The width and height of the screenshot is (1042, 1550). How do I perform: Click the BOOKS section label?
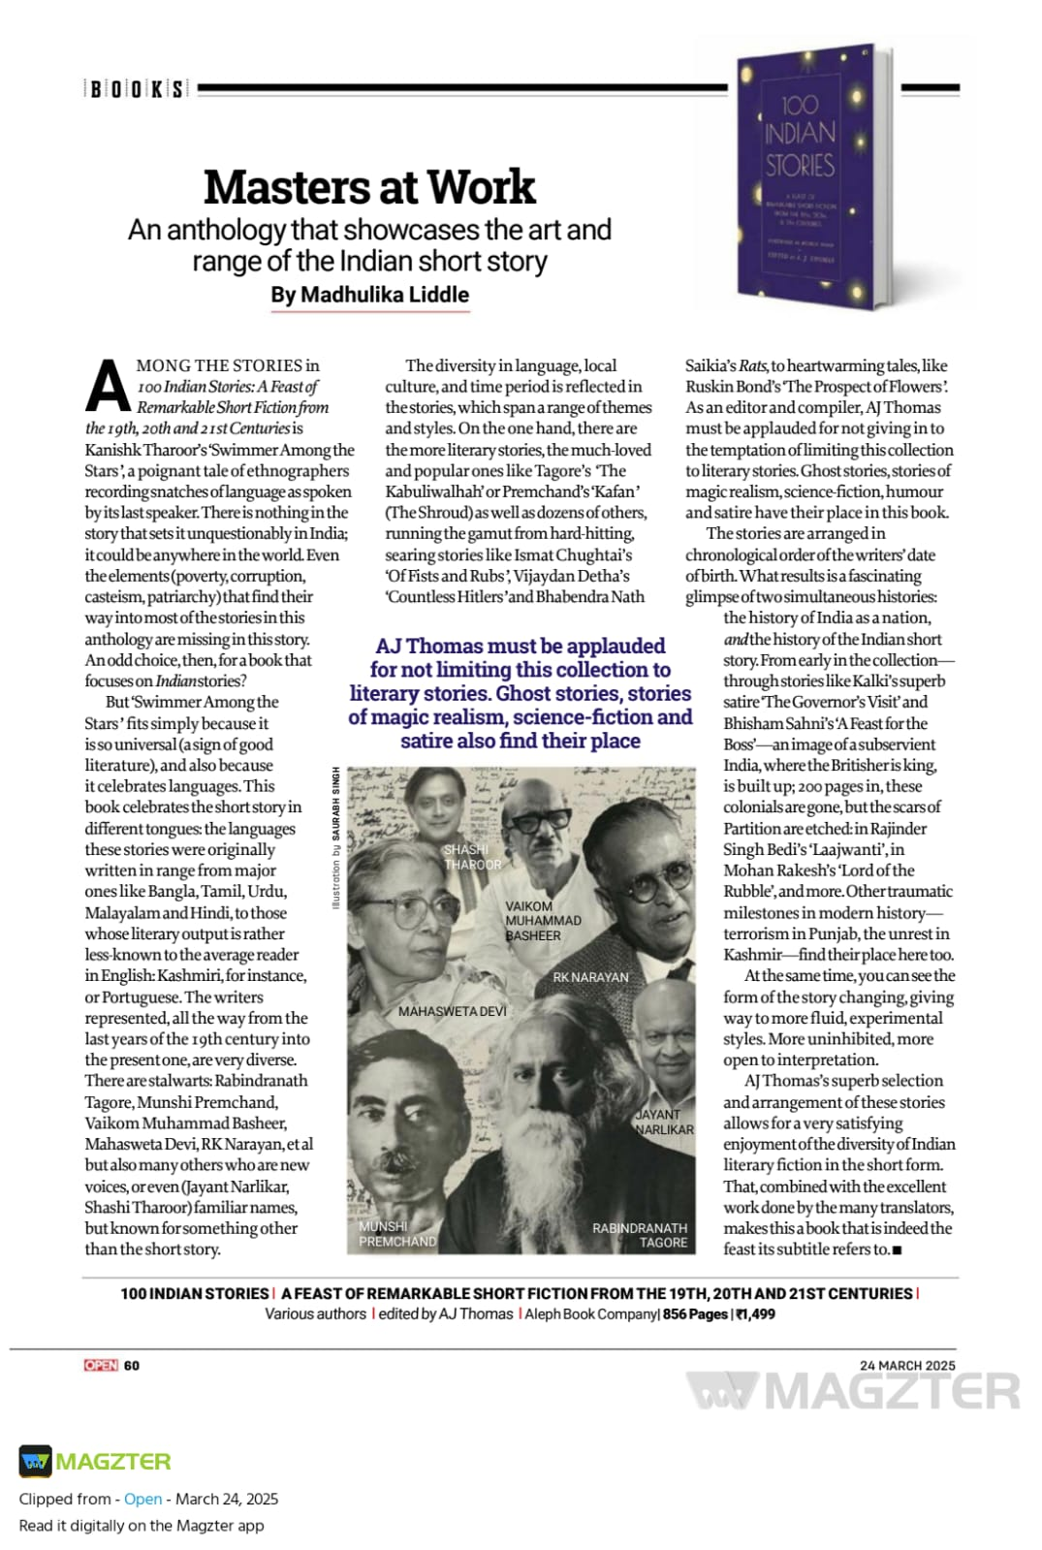click(135, 89)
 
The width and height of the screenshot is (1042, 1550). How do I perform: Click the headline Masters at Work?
click(369, 187)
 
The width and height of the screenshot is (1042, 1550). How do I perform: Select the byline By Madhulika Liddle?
click(370, 295)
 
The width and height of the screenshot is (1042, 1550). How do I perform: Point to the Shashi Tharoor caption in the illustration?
click(472, 857)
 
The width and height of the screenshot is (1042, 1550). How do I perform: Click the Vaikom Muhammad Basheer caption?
click(542, 921)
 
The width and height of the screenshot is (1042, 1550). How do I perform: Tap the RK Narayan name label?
click(590, 977)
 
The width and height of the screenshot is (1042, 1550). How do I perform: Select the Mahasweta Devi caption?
click(452, 1011)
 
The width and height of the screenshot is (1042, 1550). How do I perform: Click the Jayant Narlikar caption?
click(664, 1122)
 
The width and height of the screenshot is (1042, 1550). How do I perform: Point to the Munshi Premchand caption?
click(397, 1233)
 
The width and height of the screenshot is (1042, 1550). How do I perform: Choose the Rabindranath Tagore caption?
click(640, 1235)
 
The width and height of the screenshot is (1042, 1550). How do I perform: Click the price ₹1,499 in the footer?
click(755, 1314)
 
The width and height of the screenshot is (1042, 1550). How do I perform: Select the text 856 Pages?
click(695, 1314)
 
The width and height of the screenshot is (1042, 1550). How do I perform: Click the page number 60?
click(132, 1366)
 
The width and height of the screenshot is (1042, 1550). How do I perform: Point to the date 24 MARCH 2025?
click(906, 1365)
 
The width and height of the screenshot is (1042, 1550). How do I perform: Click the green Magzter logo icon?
click(36, 1461)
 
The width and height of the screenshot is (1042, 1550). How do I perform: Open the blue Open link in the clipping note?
click(142, 1499)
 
